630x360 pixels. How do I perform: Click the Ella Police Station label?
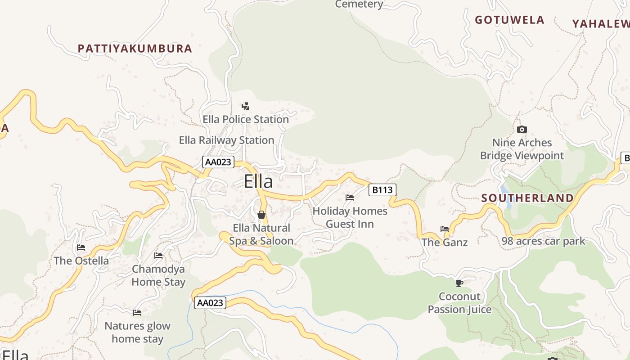point(246,119)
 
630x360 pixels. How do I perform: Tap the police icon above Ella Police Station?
point(245,106)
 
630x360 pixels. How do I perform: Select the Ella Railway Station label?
point(226,140)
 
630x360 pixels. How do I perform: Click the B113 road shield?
point(382,190)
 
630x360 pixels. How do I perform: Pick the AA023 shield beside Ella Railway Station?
point(218,162)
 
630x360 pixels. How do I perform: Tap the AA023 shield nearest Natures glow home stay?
point(210,303)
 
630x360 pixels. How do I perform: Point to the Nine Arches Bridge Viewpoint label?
point(522,149)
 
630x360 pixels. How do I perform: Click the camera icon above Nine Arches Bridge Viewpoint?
point(522,130)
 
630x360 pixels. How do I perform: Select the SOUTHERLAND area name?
point(527,198)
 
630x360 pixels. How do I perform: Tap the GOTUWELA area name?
point(509,20)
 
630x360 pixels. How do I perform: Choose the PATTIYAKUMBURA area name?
point(135,49)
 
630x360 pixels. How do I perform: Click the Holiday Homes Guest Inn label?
point(350,217)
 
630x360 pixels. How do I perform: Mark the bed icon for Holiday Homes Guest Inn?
point(350,197)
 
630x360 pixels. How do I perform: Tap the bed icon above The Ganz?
point(445,229)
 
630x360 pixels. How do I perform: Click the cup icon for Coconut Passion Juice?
point(459,283)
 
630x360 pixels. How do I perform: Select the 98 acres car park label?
point(543,241)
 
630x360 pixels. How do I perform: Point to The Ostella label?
point(81,261)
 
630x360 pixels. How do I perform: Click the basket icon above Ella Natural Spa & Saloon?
point(261,215)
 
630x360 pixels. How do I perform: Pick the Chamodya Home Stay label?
point(158,275)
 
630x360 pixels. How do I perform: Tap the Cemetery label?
point(359,4)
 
